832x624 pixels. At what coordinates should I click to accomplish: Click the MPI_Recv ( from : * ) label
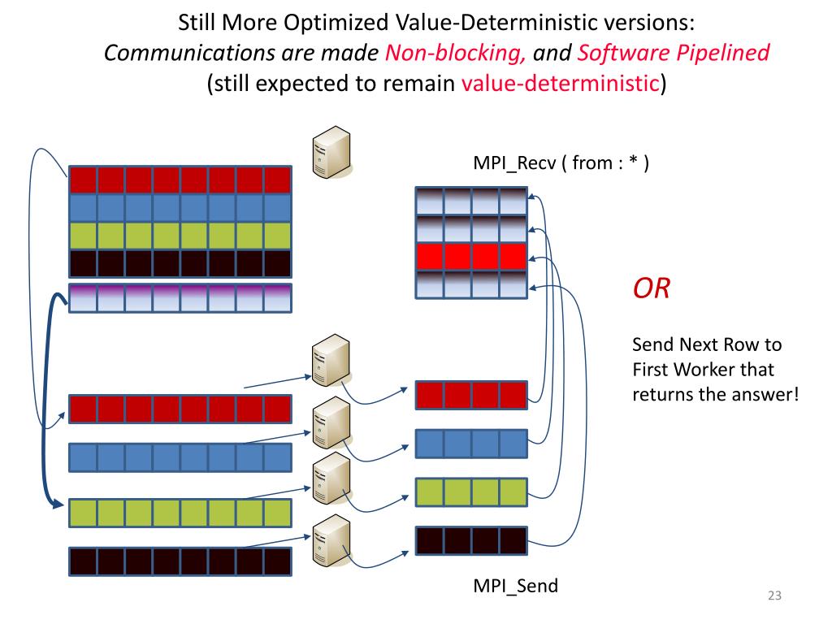(x=561, y=163)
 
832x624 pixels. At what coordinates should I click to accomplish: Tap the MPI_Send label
(x=516, y=585)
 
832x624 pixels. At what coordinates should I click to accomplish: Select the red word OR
(x=652, y=288)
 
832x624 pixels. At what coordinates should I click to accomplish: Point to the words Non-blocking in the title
(x=455, y=54)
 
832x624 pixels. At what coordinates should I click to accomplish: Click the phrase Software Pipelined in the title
(x=673, y=54)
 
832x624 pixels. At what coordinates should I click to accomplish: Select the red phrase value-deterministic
(x=560, y=84)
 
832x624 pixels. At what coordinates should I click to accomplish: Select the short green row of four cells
(x=471, y=492)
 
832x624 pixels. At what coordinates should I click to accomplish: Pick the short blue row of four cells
(x=471, y=444)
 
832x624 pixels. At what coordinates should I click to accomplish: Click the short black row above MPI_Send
(x=471, y=540)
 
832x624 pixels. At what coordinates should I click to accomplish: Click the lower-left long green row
(x=180, y=513)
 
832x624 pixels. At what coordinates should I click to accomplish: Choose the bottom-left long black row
(x=180, y=561)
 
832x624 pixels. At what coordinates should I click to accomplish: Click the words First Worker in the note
(x=703, y=370)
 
